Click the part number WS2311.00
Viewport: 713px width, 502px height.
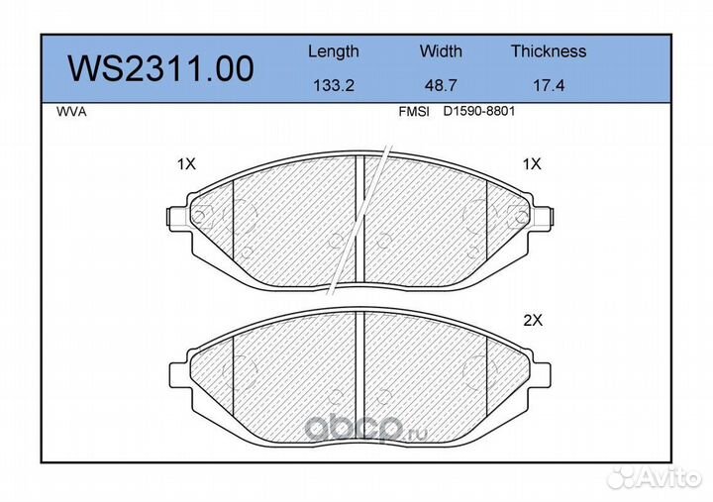click(160, 69)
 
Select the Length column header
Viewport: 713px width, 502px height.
click(334, 52)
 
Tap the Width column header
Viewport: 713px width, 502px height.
click(441, 50)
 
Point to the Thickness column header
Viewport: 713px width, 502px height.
click(549, 50)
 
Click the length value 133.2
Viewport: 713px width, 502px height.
click(334, 85)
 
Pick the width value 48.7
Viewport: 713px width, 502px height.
click(441, 85)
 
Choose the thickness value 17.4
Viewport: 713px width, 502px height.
click(549, 85)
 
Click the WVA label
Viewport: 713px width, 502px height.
click(71, 112)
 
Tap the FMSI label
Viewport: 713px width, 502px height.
click(414, 112)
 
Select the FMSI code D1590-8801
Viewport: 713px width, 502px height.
click(479, 112)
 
